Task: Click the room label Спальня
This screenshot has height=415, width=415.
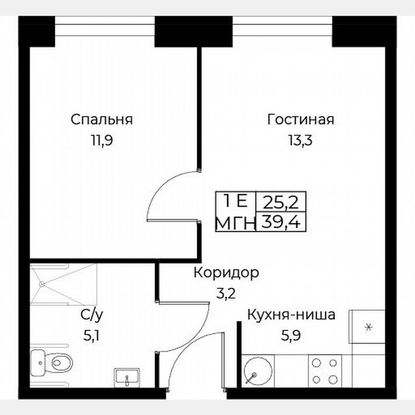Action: (x=101, y=120)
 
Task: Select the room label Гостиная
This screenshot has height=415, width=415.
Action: (x=301, y=120)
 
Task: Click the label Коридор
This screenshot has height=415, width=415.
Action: (x=226, y=273)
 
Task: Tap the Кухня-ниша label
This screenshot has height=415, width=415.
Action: (x=291, y=315)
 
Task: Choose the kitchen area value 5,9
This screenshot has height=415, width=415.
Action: (x=291, y=336)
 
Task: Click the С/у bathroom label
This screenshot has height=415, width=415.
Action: (x=91, y=316)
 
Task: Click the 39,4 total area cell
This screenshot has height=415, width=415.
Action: (x=282, y=222)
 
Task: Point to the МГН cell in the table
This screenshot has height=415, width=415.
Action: (x=235, y=222)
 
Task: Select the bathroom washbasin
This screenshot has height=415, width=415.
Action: (x=127, y=378)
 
